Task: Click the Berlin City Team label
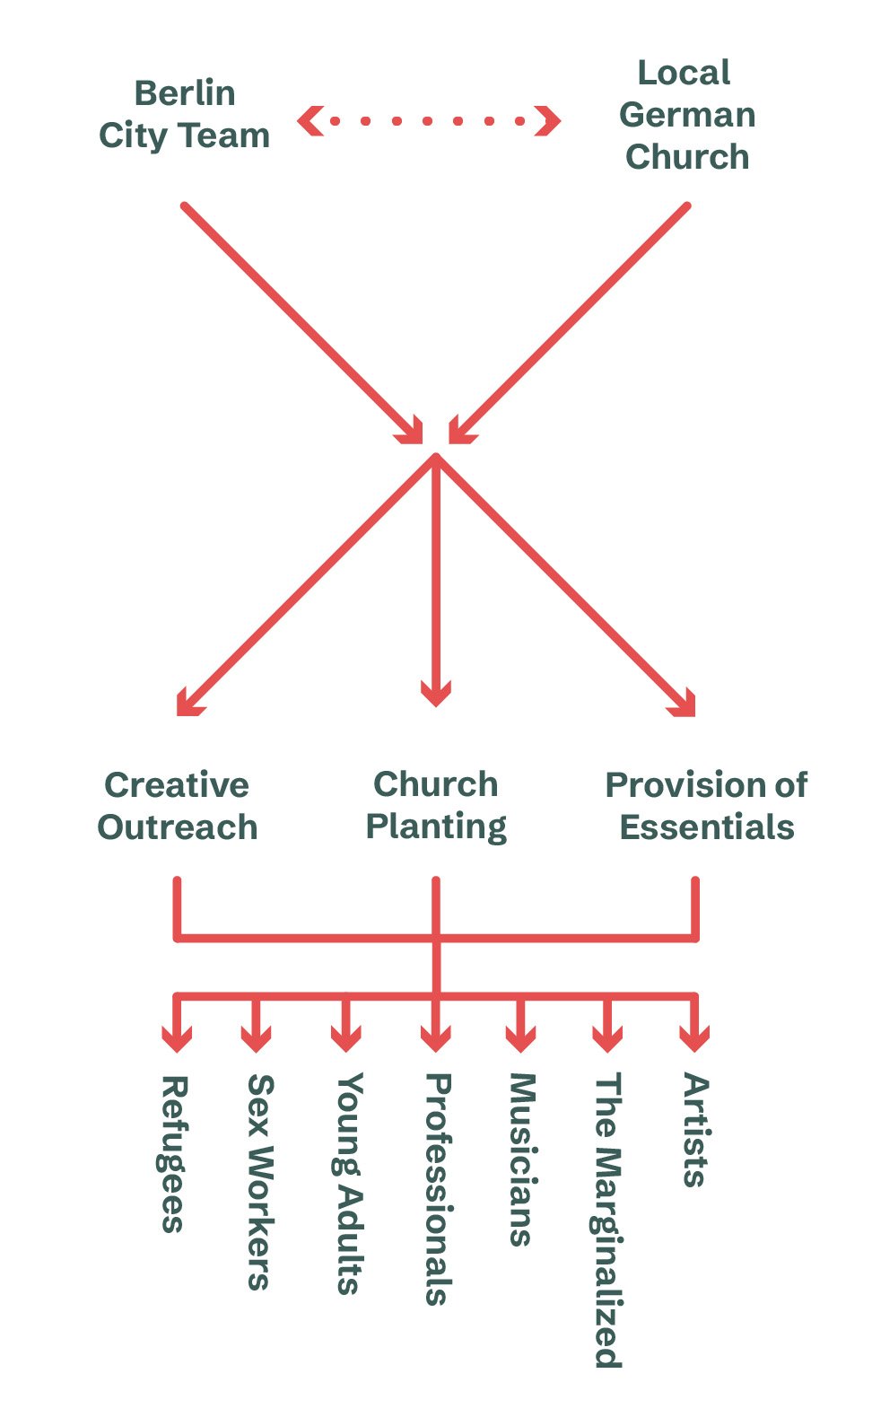click(x=184, y=114)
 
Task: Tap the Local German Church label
click(x=687, y=114)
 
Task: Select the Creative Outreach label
click(x=178, y=805)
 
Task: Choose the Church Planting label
click(x=436, y=805)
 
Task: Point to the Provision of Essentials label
click(x=707, y=805)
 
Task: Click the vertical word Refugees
click(x=173, y=1154)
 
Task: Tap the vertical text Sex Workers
click(x=259, y=1182)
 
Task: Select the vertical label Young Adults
click(x=348, y=1184)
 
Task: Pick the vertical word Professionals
click(x=437, y=1189)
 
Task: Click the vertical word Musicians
click(x=522, y=1159)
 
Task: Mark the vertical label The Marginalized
click(x=608, y=1220)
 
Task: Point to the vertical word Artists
click(x=695, y=1131)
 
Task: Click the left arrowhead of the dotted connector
click(x=310, y=120)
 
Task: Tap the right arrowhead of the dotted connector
click(x=547, y=120)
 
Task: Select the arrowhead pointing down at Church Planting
click(x=436, y=694)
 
